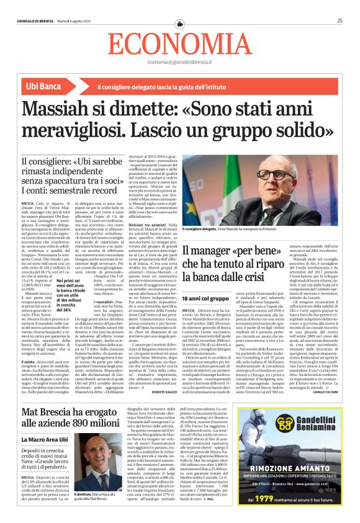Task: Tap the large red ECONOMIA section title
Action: tap(180, 44)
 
